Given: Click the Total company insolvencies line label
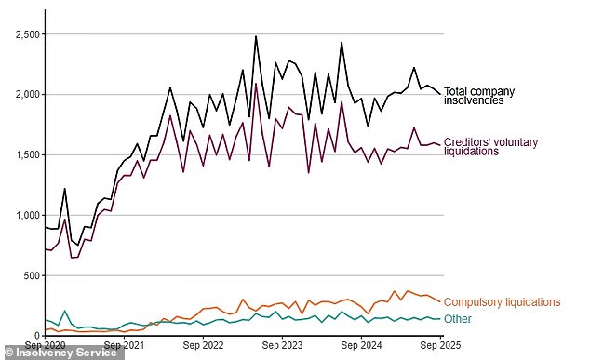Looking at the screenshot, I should pyautogui.click(x=479, y=96).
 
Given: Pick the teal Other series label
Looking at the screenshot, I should pyautogui.click(x=457, y=319).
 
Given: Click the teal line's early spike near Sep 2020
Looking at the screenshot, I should pyautogui.click(x=64, y=311).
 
